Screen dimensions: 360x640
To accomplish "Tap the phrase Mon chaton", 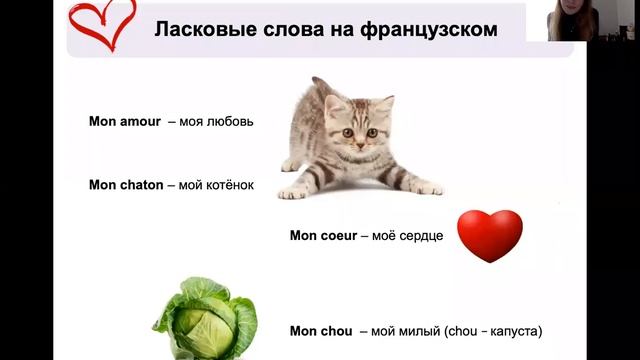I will pos(126,185).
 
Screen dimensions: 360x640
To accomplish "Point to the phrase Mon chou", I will pos(322,330).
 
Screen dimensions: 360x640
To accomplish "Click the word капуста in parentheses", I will pos(516,330).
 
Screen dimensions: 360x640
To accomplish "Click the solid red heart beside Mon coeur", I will pos(489,235).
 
